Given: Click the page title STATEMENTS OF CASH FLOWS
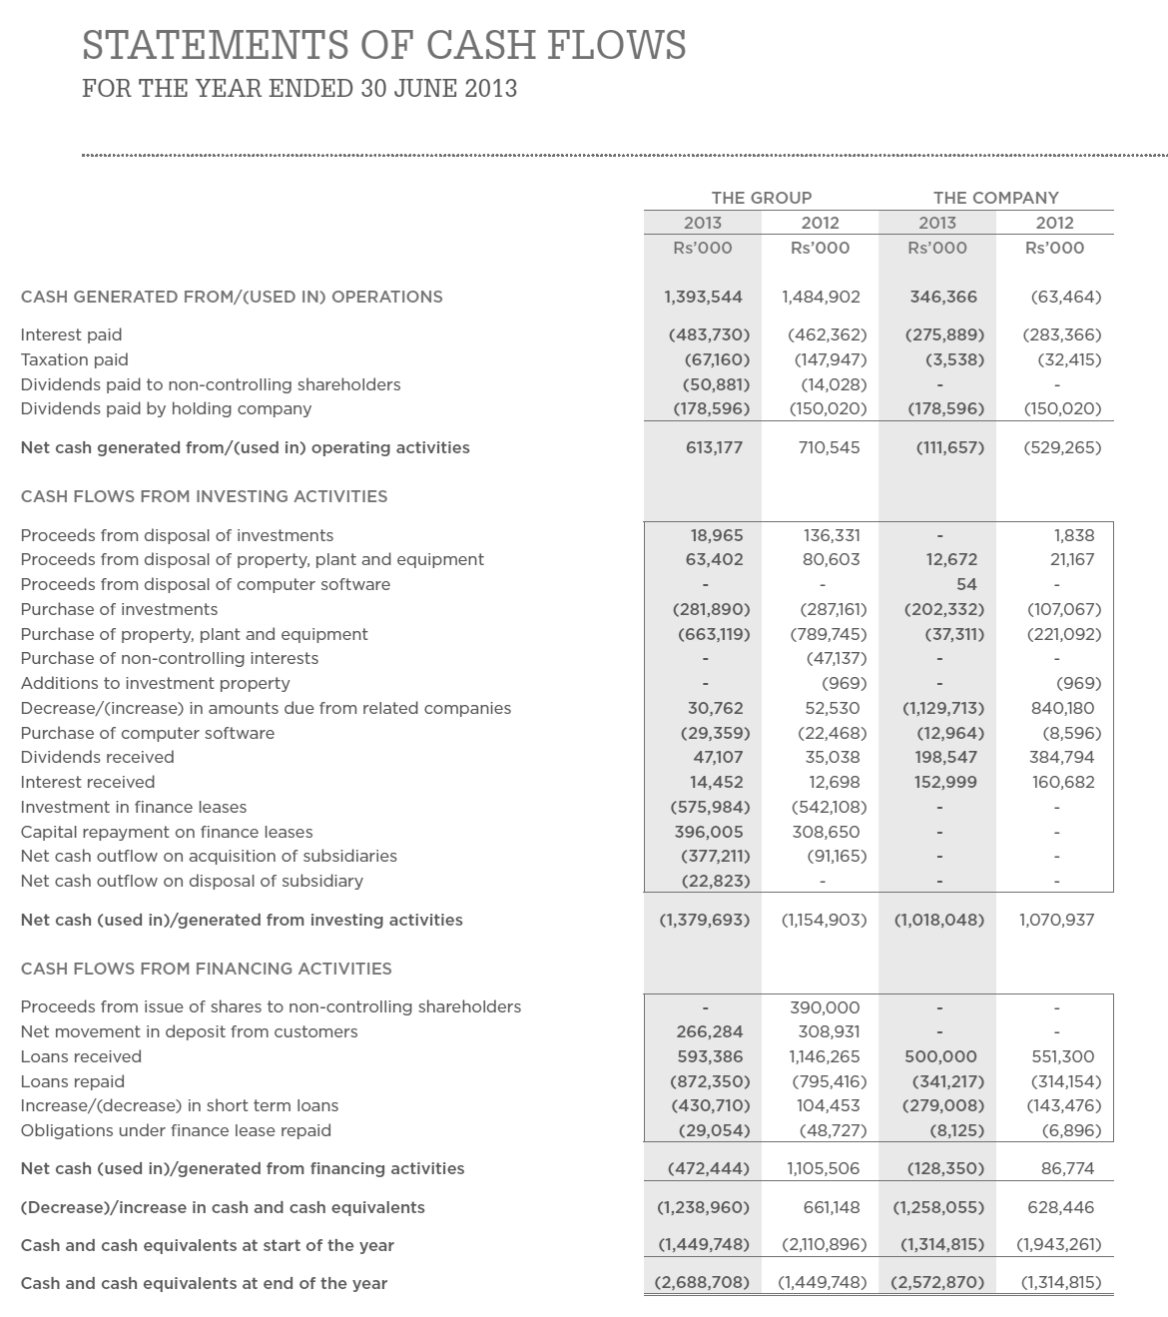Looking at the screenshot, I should pos(383,45).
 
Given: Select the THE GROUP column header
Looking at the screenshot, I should pos(761,198).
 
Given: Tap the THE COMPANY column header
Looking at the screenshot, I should pos(995,198).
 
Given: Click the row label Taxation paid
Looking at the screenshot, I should pos(75,359).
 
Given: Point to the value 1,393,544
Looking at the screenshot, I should pos(703,297).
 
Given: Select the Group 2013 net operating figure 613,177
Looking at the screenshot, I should pos(714,447).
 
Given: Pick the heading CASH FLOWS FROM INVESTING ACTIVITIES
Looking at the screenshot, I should pos(204,496).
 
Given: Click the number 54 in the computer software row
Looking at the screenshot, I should pos(966,584).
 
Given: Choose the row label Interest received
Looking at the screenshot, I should pos(88,782).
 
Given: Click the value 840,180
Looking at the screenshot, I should pos(1062,708).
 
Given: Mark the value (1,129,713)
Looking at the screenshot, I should pos(943,708).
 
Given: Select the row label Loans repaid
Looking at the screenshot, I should pos(73,1081).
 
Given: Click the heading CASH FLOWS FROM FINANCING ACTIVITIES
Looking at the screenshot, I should pos(206,969).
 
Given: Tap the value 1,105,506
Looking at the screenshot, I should pos(823,1168).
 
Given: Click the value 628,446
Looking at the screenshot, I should pos(1060,1207).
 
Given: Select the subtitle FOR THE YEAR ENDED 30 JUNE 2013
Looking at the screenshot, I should pos(299,89).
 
